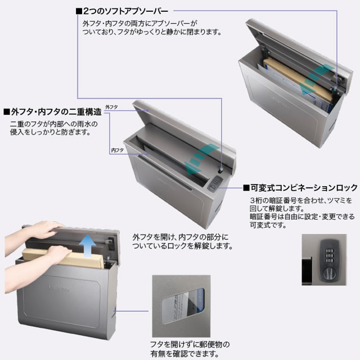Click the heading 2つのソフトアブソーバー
(122, 11)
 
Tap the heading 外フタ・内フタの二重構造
(52, 112)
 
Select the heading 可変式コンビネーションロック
(300, 188)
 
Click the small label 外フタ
(111, 107)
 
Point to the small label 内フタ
(118, 150)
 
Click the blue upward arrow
(88, 246)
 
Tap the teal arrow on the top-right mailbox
(316, 79)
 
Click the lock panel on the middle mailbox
(215, 183)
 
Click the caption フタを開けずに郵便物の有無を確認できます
(190, 349)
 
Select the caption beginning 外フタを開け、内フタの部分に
(182, 241)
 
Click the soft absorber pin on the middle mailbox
(221, 170)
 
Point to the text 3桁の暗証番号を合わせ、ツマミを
(301, 200)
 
